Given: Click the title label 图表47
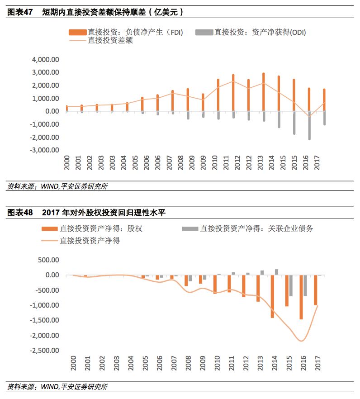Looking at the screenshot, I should [x=20, y=13].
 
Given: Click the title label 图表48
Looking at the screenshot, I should [x=20, y=212].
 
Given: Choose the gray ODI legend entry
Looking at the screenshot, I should [x=253, y=32].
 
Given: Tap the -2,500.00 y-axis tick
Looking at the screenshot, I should [x=44, y=351].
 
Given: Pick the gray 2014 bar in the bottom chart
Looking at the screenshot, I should [x=276, y=272].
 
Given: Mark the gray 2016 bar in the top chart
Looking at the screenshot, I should [x=309, y=125].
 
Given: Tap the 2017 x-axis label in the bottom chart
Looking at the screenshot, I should [x=317, y=364].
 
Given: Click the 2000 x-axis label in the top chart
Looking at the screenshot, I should [x=66, y=163].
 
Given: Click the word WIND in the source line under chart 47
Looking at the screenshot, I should [x=49, y=186].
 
